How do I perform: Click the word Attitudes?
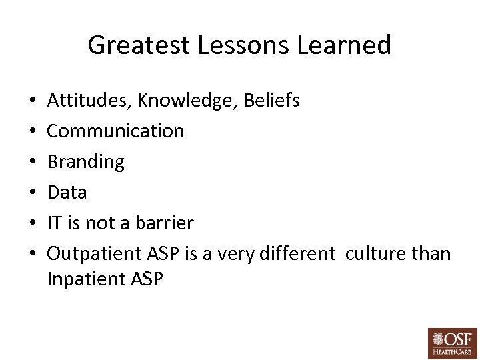click(x=89, y=101)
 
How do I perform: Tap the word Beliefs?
click(x=272, y=101)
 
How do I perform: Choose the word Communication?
click(x=115, y=131)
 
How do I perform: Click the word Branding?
click(x=85, y=162)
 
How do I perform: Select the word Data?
click(x=67, y=193)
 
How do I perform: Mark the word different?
click(x=301, y=254)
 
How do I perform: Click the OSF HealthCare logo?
click(x=452, y=343)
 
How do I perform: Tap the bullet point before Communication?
click(x=33, y=131)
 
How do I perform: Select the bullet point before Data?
click(x=33, y=193)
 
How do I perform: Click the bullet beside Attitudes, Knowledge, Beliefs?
click(x=33, y=101)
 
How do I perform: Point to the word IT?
click(x=55, y=223)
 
